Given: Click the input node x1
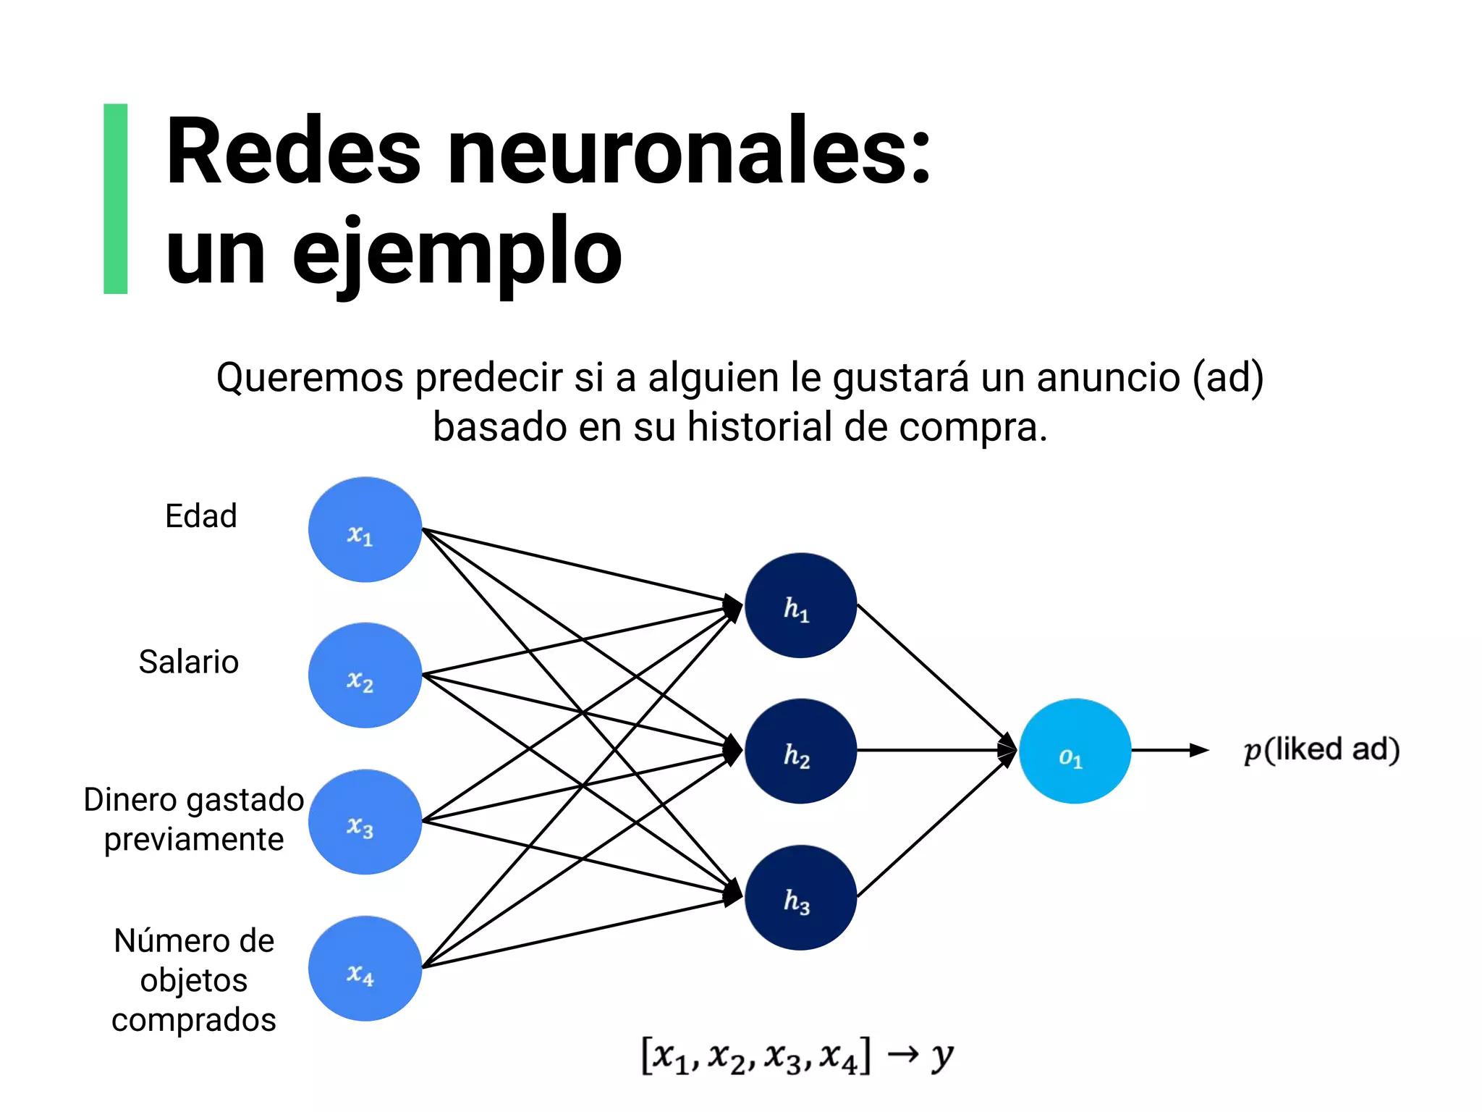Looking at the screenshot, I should click(x=365, y=530).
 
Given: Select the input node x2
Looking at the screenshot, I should click(x=365, y=675).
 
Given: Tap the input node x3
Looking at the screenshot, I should click(x=365, y=822).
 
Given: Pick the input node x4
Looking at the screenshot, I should click(x=365, y=969).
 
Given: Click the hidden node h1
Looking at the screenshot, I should click(x=800, y=606).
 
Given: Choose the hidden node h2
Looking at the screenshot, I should click(x=800, y=751).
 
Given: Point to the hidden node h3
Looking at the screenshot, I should click(x=800, y=898).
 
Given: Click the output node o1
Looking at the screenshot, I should click(x=1075, y=751).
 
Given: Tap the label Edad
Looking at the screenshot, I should click(x=201, y=516).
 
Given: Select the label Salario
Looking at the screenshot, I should click(x=189, y=662).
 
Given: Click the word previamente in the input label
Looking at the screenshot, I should click(x=194, y=840).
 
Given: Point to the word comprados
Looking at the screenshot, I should click(x=194, y=1020).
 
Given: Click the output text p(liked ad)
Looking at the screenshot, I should click(x=1321, y=750).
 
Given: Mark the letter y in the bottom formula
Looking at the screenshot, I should click(x=941, y=1057).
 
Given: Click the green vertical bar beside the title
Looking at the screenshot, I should click(x=116, y=198).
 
